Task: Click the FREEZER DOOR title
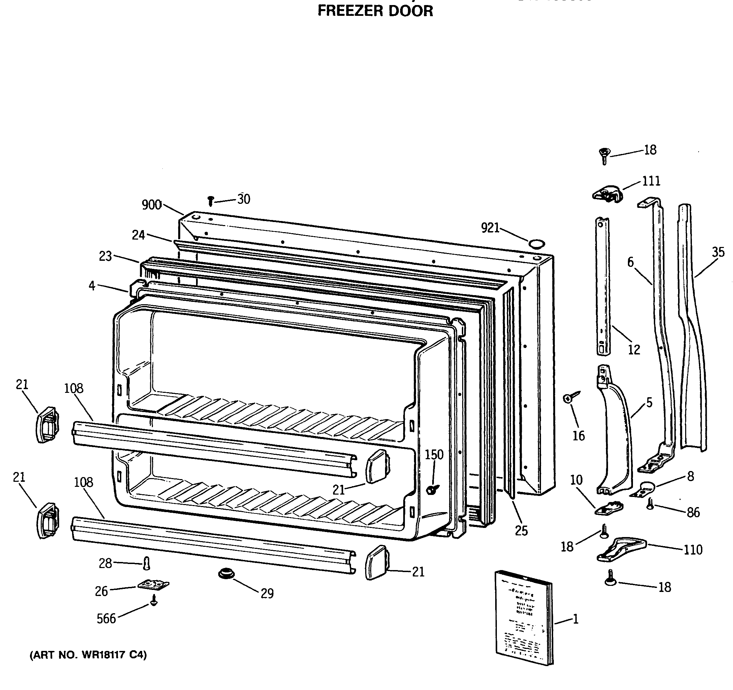(375, 11)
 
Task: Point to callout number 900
(152, 205)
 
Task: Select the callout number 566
(106, 619)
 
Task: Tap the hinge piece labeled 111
(607, 194)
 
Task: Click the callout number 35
(718, 252)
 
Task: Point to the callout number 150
(434, 455)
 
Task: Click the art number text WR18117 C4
(88, 655)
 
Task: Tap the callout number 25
(521, 531)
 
